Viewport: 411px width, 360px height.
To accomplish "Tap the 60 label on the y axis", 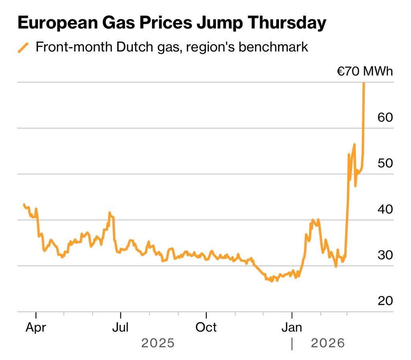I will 385,118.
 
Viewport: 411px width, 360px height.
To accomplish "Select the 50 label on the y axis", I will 385,163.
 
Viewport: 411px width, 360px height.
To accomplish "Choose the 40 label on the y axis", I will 385,209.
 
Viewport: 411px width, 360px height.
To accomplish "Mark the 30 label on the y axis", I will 385,255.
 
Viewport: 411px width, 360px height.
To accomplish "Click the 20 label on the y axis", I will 385,301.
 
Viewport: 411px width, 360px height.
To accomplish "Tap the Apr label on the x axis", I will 36,327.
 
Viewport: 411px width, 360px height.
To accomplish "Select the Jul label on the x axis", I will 120,327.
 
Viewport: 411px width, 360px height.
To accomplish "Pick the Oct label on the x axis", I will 206,327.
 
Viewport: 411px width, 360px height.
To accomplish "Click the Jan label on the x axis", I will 292,327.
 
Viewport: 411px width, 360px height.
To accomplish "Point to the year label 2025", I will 158,344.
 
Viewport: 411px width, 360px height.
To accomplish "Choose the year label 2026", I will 328,344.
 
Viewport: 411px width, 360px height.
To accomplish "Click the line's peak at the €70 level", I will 364,83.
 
